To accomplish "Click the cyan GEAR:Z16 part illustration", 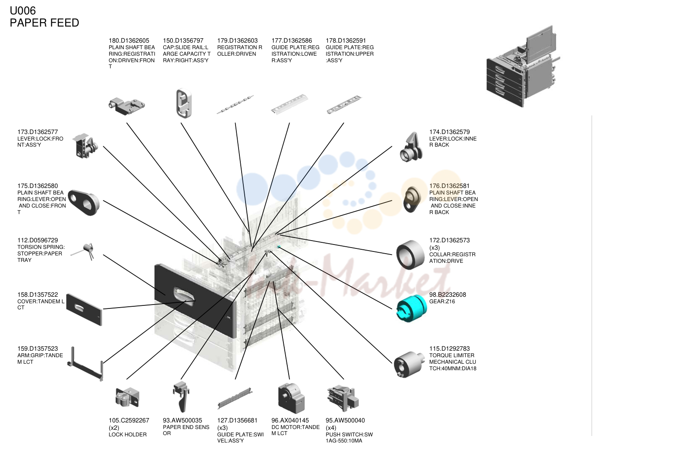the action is click(411, 308).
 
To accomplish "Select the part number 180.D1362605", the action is click(129, 40).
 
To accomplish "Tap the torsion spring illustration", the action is click(84, 251).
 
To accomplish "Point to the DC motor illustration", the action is click(291, 399).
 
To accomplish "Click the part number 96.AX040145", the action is click(290, 421).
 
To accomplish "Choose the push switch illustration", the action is click(343, 399).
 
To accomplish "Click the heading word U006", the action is click(23, 11).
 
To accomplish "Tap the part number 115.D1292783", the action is click(449, 349).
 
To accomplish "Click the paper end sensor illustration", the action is click(181, 396).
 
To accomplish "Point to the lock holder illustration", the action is click(127, 397).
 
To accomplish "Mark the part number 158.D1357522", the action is click(37, 295).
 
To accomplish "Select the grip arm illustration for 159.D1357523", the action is click(85, 364).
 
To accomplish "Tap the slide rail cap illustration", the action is click(184, 104).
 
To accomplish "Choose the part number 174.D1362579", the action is click(449, 132).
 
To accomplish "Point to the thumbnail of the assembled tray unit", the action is click(523, 66).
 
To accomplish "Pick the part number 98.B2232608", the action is click(448, 295).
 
